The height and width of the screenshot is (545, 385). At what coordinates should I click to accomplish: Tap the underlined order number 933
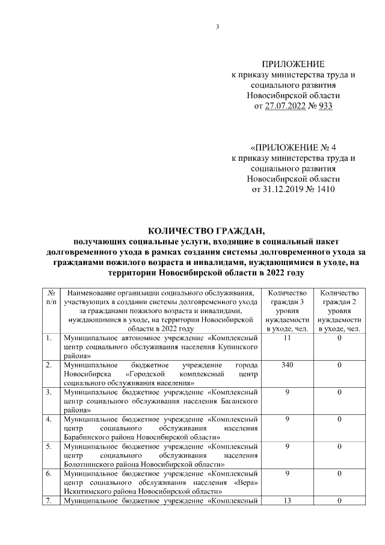[x=323, y=106]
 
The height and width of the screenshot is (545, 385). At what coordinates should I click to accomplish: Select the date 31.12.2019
[x=286, y=189]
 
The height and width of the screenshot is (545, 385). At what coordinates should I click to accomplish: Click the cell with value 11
[x=288, y=338]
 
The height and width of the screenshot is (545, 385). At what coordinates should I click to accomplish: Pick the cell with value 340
[x=288, y=366]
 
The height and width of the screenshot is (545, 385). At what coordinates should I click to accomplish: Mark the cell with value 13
[x=288, y=501]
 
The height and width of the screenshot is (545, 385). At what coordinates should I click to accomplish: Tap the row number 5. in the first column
[x=48, y=447]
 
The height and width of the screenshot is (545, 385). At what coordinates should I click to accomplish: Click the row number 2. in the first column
[x=48, y=366]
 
